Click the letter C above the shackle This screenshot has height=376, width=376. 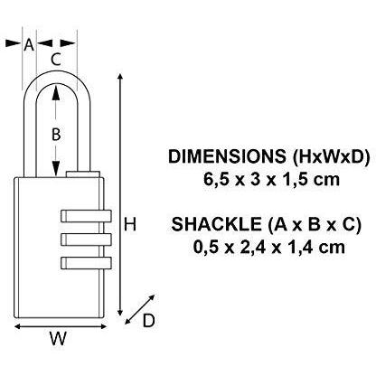click(56, 60)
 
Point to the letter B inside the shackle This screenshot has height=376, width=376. click(56, 134)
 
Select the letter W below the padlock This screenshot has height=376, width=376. click(58, 339)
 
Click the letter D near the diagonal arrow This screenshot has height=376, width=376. click(150, 318)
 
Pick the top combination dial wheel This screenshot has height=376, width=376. click(85, 217)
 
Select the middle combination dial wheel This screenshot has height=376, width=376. click(85, 240)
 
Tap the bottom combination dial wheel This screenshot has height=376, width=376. click(85, 262)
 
